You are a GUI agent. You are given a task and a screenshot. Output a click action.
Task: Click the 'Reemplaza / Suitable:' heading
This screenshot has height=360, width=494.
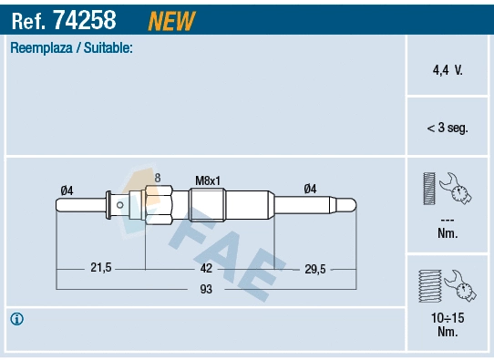(71, 47)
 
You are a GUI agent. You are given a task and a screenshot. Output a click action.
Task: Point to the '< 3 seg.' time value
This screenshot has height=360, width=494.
(447, 129)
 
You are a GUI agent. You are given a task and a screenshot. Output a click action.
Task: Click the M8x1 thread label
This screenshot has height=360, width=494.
(209, 180)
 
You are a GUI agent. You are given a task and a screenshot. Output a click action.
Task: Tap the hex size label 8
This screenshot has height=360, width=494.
(157, 177)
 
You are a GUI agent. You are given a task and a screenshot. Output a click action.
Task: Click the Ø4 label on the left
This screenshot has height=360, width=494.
(66, 190)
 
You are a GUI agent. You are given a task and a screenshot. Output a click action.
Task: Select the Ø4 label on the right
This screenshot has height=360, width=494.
(310, 190)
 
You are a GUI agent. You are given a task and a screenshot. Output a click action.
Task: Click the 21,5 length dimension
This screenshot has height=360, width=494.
(100, 268)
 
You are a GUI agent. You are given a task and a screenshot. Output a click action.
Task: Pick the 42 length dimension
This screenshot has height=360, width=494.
(206, 268)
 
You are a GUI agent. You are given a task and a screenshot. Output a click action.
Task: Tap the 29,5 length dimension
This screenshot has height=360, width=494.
(314, 268)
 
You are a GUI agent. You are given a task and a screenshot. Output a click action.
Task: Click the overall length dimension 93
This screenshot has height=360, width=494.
(206, 289)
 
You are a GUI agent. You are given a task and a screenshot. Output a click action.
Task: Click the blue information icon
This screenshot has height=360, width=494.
(16, 319)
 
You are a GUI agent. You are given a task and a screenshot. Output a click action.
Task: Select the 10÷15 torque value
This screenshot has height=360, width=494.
(447, 318)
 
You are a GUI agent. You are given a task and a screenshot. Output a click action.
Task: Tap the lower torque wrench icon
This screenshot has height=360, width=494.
(447, 285)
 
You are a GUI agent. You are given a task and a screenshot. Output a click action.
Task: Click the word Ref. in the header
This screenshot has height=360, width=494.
(29, 19)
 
